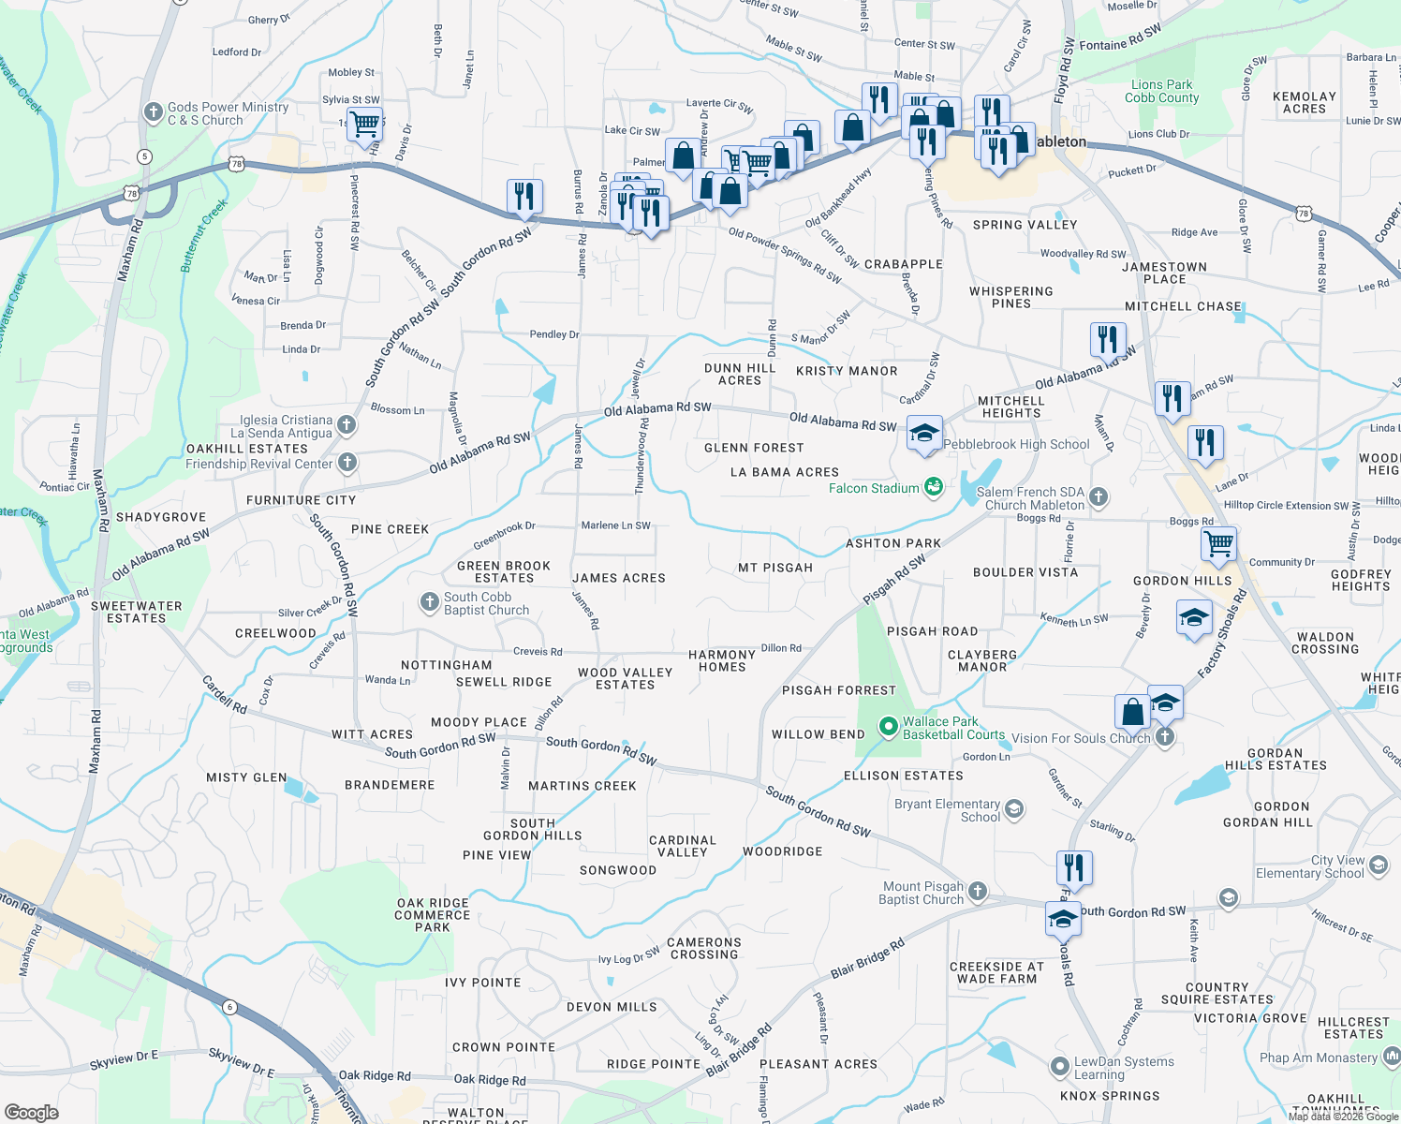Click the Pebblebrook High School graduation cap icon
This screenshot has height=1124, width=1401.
(x=924, y=434)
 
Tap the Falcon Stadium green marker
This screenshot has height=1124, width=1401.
(x=934, y=487)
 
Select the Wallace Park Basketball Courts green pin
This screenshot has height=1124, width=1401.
(x=889, y=727)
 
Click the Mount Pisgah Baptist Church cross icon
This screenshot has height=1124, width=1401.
(x=978, y=891)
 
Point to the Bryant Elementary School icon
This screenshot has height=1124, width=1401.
(x=1014, y=809)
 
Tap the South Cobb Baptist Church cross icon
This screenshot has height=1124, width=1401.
(x=430, y=602)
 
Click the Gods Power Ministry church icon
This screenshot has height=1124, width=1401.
(x=154, y=113)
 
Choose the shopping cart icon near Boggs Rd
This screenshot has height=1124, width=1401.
(x=1218, y=544)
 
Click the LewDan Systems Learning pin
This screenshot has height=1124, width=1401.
(x=1059, y=1067)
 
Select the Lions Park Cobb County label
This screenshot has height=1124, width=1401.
(x=1161, y=91)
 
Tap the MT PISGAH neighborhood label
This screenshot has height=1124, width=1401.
(x=775, y=568)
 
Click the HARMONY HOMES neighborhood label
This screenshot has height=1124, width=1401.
(x=721, y=661)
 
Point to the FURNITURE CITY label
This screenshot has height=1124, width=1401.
(x=301, y=500)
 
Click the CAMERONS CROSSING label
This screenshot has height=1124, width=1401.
(x=704, y=948)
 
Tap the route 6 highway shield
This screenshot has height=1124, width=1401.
(x=229, y=1008)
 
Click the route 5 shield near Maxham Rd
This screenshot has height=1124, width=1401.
(x=144, y=156)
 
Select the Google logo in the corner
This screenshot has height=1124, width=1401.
(x=31, y=1112)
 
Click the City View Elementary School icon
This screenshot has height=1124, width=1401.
(x=1379, y=865)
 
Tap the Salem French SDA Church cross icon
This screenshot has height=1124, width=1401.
(x=1099, y=496)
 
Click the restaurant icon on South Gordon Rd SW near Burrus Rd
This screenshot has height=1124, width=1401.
(x=524, y=196)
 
